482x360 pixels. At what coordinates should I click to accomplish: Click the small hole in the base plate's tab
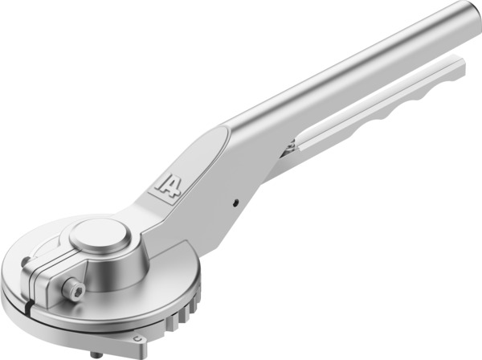tap(137, 337)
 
